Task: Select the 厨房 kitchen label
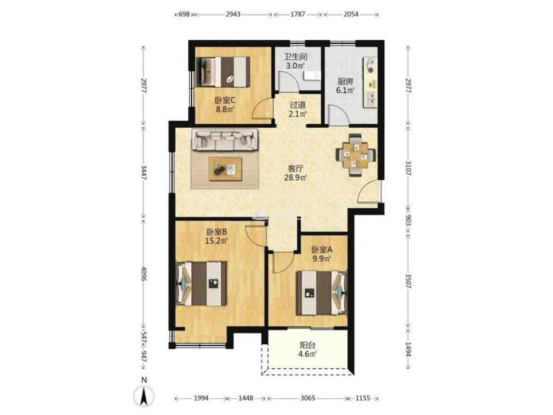click(x=345, y=82)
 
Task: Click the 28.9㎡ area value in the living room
click(x=295, y=178)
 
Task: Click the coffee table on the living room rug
click(x=225, y=169)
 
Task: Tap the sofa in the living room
click(x=225, y=139)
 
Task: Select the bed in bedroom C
click(x=223, y=72)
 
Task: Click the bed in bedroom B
click(x=201, y=283)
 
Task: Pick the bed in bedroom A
click(x=321, y=292)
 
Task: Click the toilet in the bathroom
click(x=312, y=76)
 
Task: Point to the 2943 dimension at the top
click(x=233, y=14)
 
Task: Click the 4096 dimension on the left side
click(x=143, y=274)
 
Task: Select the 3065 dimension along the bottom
click(x=308, y=398)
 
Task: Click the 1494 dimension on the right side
click(x=408, y=349)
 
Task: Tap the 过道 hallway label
click(x=298, y=105)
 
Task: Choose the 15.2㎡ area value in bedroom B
click(x=216, y=241)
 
